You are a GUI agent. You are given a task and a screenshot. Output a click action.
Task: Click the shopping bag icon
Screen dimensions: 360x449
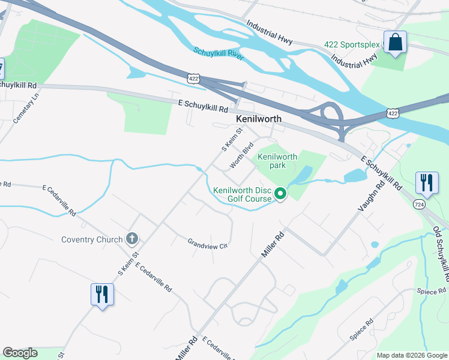(x=395, y=43)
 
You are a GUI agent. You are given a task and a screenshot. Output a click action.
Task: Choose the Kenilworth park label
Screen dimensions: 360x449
(x=277, y=161)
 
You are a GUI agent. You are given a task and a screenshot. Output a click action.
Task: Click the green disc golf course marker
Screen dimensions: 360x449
(x=280, y=194)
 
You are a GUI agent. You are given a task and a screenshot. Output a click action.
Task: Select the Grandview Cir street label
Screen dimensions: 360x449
(x=208, y=245)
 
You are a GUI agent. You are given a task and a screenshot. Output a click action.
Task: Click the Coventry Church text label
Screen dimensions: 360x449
(x=92, y=239)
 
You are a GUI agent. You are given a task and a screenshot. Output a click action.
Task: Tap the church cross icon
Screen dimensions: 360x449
(x=133, y=239)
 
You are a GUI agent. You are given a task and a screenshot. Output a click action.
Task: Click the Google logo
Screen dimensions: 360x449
(x=20, y=353)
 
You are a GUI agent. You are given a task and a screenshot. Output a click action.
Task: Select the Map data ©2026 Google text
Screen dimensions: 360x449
(x=412, y=355)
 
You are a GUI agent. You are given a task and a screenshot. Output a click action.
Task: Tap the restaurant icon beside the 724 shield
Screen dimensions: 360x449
(x=426, y=182)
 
